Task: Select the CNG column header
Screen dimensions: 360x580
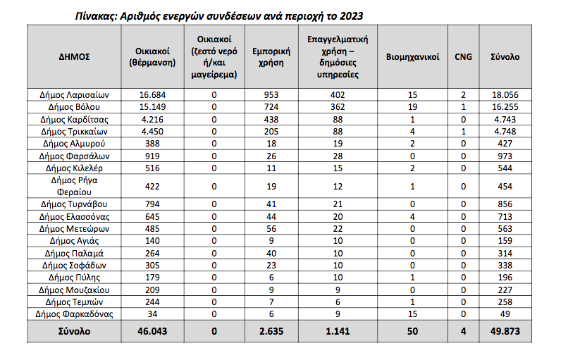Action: (x=463, y=56)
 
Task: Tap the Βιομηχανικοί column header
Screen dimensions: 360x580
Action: (x=412, y=56)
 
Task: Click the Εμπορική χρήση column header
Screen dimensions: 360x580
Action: (x=266, y=56)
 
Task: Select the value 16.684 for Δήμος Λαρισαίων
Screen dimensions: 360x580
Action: (x=152, y=94)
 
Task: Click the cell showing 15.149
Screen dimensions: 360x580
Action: (x=152, y=106)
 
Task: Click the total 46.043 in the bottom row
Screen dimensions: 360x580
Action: (x=152, y=331)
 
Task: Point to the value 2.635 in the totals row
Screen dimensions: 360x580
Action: (x=266, y=331)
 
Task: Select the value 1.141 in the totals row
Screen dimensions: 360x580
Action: (x=338, y=331)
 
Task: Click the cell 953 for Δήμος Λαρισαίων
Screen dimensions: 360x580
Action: (x=266, y=94)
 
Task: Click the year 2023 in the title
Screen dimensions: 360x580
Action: (x=352, y=15)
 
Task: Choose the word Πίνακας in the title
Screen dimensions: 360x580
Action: (x=96, y=15)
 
